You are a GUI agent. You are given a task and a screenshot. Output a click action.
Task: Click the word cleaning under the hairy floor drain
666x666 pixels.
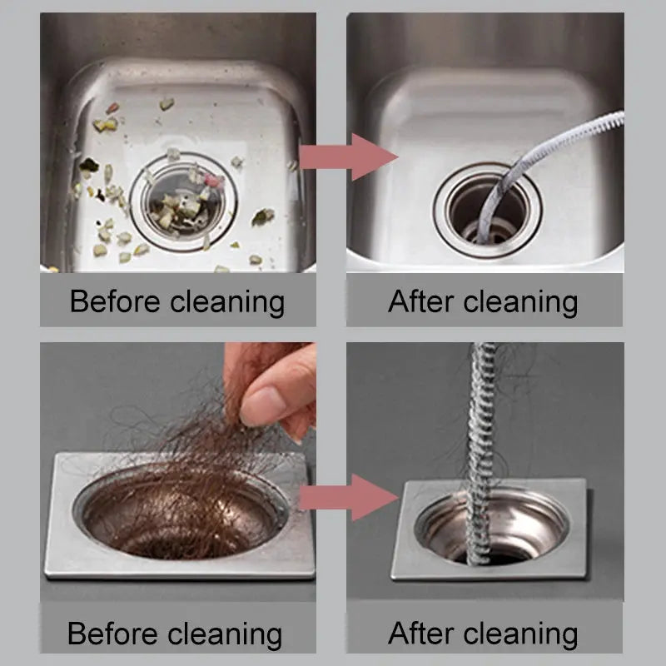pyautogui.click(x=227, y=634)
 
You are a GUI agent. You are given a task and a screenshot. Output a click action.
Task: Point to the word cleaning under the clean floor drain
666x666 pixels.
pyautogui.click(x=522, y=634)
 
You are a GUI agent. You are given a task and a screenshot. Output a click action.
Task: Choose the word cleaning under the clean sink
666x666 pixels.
pyautogui.click(x=522, y=301)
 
